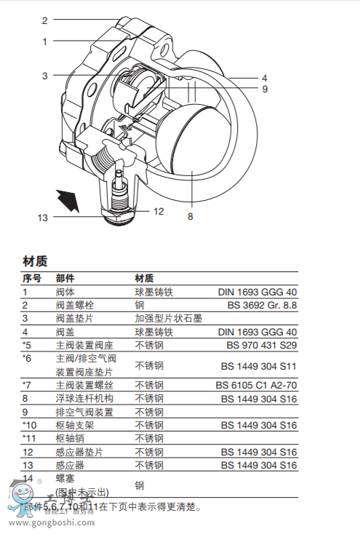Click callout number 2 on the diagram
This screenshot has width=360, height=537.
tap(44, 21)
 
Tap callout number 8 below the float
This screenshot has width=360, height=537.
tap(190, 216)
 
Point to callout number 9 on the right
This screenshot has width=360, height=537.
tap(265, 89)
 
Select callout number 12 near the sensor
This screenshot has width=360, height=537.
tap(159, 212)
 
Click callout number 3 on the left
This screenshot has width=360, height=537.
tap(44, 76)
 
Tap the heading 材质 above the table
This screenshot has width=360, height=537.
tap(35, 260)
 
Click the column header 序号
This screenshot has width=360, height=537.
tap(32, 278)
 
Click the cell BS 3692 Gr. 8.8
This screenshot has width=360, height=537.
tap(262, 305)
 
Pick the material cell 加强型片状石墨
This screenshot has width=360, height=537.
tap(168, 318)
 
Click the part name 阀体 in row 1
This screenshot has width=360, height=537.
tap(65, 292)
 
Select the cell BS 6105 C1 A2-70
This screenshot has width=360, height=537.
tap(256, 385)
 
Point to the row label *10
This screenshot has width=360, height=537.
tap(29, 425)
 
